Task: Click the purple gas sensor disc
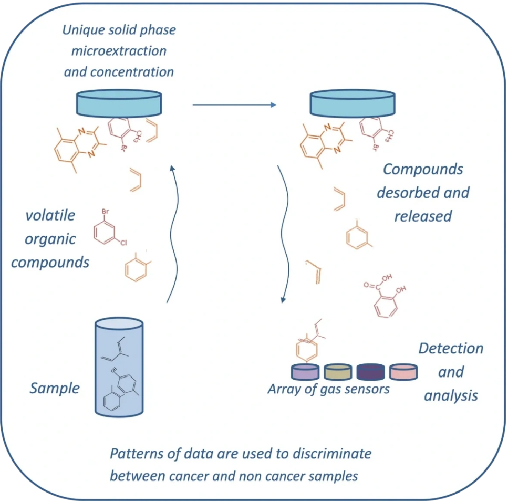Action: click(x=306, y=371)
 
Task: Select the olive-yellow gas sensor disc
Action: click(x=338, y=371)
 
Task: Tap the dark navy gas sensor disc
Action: click(x=371, y=371)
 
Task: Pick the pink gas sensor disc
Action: click(x=403, y=371)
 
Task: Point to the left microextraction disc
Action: click(x=119, y=103)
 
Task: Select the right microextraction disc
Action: click(x=352, y=103)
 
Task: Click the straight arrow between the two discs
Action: click(x=234, y=105)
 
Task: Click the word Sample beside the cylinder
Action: click(x=54, y=389)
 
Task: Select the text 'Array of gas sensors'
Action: click(x=328, y=389)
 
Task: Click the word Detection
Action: click(x=450, y=348)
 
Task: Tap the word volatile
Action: click(x=50, y=215)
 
